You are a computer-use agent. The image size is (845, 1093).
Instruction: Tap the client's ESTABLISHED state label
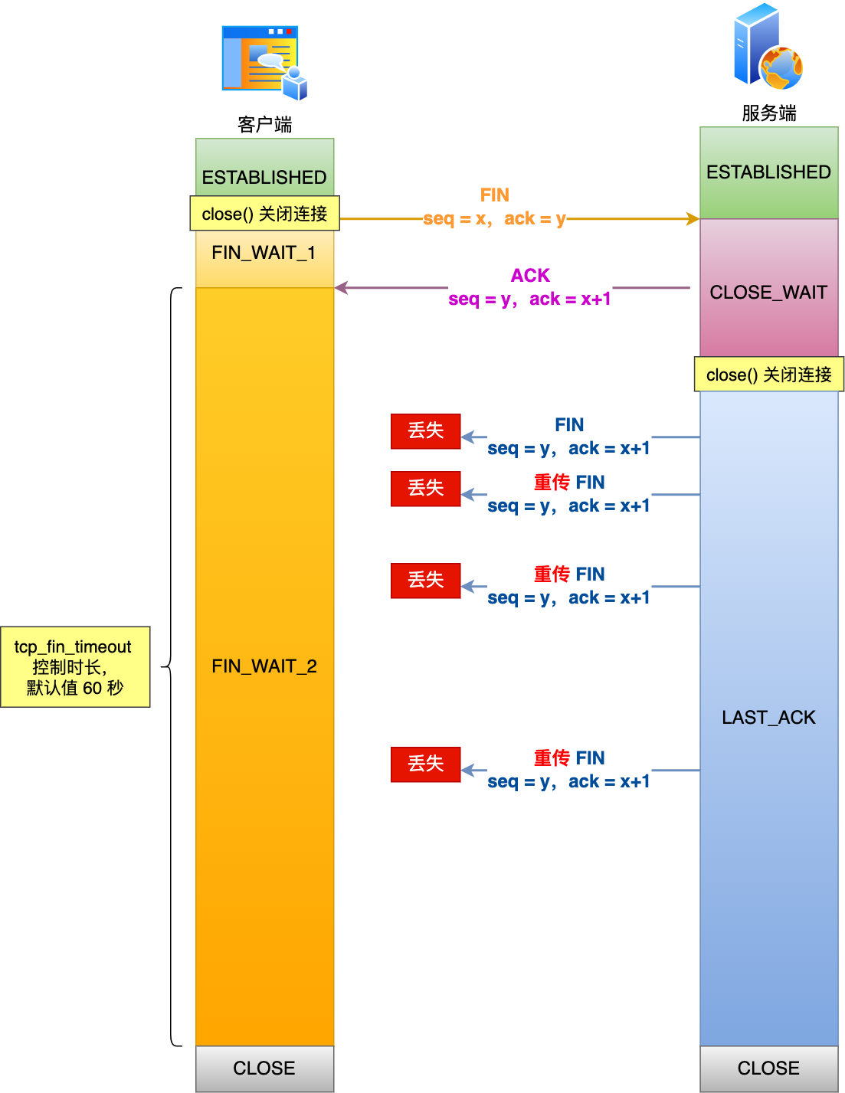(264, 177)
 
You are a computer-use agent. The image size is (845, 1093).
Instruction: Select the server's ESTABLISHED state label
(768, 172)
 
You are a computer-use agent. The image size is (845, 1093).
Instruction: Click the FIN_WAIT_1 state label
(264, 253)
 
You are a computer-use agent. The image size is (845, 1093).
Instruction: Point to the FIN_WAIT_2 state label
(264, 666)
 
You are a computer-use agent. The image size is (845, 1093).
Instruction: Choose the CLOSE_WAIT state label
(768, 292)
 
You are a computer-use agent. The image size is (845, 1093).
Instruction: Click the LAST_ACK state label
(768, 718)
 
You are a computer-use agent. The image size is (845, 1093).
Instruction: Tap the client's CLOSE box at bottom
(264, 1068)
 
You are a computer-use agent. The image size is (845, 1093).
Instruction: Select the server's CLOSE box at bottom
(768, 1068)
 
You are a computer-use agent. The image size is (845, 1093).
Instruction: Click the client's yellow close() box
(264, 214)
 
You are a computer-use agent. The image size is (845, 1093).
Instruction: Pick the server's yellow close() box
(768, 375)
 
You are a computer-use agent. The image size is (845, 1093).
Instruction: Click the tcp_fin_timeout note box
(75, 667)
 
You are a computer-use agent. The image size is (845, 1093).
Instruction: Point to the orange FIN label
(495, 195)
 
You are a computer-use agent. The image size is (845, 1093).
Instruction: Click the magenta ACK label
(530, 275)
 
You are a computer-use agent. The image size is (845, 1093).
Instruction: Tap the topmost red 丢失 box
(425, 430)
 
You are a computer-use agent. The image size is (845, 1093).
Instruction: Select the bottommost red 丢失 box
(425, 764)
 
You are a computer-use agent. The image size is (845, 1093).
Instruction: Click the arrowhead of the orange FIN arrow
(693, 219)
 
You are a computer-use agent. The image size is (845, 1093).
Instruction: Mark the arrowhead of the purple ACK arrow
(341, 288)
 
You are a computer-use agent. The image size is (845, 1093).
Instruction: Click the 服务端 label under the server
(768, 113)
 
